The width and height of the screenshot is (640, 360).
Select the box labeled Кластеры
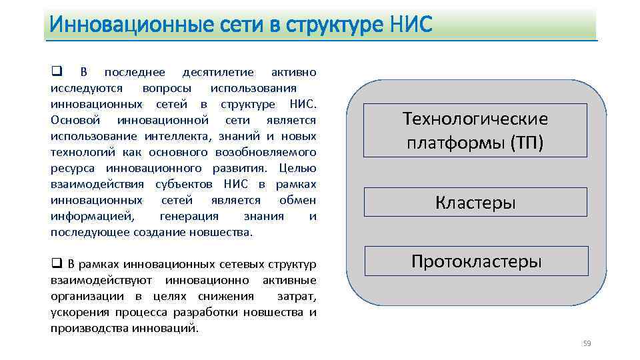coord(475,202)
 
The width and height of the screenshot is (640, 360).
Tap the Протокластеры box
coord(476,261)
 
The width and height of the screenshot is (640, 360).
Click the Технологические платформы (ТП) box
coord(475,130)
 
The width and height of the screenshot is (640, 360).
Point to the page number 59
coord(587,343)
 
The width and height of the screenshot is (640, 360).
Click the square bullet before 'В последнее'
coord(56,71)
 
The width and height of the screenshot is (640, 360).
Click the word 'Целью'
coord(297,168)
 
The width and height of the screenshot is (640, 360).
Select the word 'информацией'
coord(91,216)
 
